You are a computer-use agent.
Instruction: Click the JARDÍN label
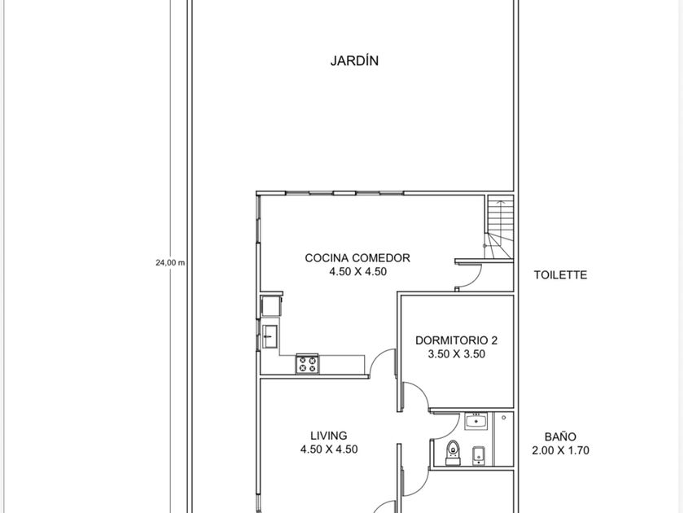354,60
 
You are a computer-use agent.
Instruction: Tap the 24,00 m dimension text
170,262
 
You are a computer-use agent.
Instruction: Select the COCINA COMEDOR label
357,258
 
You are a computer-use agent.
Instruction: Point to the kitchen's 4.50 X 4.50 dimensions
357,271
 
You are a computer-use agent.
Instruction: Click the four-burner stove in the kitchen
307,364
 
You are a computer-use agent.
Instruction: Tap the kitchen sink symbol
270,336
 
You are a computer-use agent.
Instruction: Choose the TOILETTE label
560,275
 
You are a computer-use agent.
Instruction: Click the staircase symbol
500,227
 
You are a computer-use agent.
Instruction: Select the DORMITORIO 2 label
456,340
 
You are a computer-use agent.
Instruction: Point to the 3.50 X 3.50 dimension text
456,353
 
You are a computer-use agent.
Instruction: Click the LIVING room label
329,436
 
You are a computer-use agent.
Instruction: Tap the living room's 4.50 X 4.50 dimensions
329,449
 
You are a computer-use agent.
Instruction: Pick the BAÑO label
560,436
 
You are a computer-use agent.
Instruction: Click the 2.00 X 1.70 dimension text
560,450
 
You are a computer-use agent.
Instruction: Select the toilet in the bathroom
453,453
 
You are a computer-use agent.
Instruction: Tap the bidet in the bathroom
479,455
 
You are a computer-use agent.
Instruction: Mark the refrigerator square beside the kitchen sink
271,306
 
